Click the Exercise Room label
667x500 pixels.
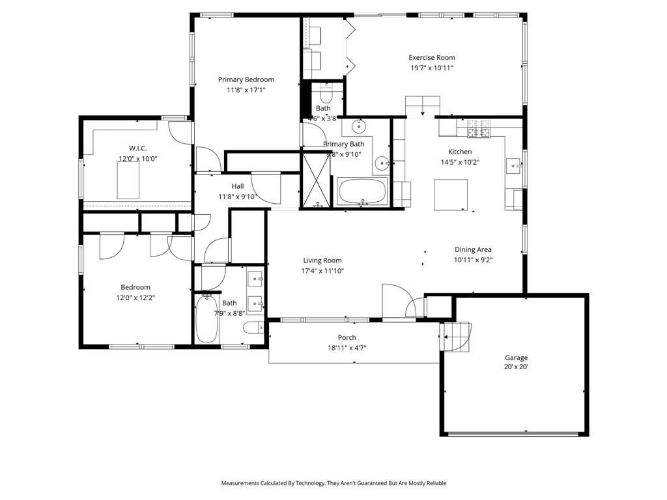[x=431, y=57]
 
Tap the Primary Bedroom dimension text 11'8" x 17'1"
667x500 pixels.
[x=246, y=90]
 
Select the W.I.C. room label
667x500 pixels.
[x=137, y=148]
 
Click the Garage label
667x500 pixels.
[x=516, y=357]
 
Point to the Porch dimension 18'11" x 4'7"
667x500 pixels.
[x=347, y=347]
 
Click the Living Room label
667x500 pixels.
[x=322, y=260]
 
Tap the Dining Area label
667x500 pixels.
[x=473, y=249]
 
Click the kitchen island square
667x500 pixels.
[x=451, y=195]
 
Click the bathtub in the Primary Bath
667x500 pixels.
[x=362, y=192]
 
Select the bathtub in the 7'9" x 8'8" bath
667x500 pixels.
[x=207, y=319]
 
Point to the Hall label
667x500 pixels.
[x=237, y=186]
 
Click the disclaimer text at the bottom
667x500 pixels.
[x=333, y=483]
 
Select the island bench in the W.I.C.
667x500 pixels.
[x=128, y=180]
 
